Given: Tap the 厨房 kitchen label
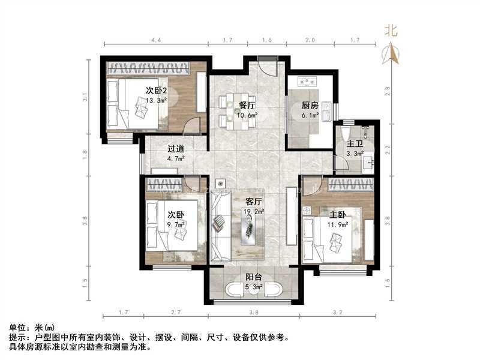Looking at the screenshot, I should (310, 106).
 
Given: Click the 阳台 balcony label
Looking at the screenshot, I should (253, 277).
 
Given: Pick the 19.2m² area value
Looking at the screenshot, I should (253, 211).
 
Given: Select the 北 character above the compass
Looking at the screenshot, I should (391, 31).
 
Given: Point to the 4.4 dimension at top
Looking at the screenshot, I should (156, 40).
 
